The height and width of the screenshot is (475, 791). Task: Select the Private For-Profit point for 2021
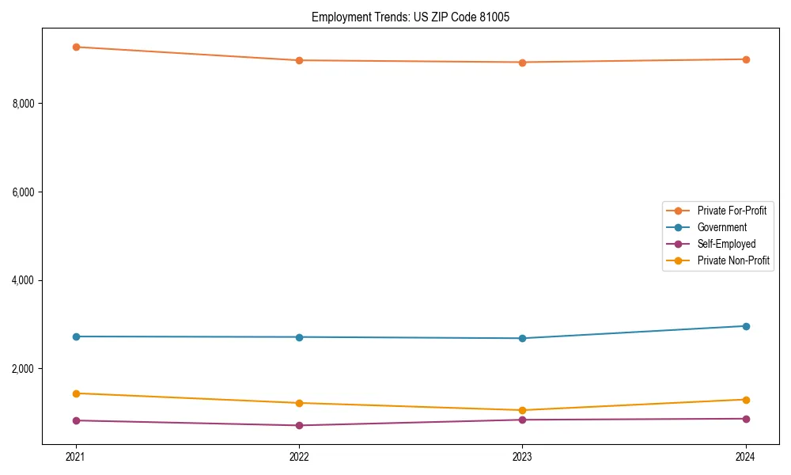coord(76,47)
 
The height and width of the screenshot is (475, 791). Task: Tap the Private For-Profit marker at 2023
coord(522,63)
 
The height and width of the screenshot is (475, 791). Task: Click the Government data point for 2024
coord(746,326)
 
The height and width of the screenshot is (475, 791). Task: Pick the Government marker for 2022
coord(299,337)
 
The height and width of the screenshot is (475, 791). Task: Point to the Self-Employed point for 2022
coord(299,425)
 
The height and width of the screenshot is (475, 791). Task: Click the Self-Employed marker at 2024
coord(746,419)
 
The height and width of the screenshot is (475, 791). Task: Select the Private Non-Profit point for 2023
coord(522,410)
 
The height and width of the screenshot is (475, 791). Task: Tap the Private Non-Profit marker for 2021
coord(76,393)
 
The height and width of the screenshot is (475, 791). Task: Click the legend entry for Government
coord(721,227)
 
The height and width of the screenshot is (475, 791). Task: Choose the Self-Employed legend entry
coord(726,244)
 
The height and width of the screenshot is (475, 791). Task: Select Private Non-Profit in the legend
coord(733,260)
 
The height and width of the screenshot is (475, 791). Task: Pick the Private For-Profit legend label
coord(732,211)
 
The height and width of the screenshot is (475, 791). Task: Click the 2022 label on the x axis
coord(299,456)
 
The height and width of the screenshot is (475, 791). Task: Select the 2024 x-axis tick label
coord(746,456)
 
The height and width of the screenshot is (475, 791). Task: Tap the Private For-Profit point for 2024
coord(746,59)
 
